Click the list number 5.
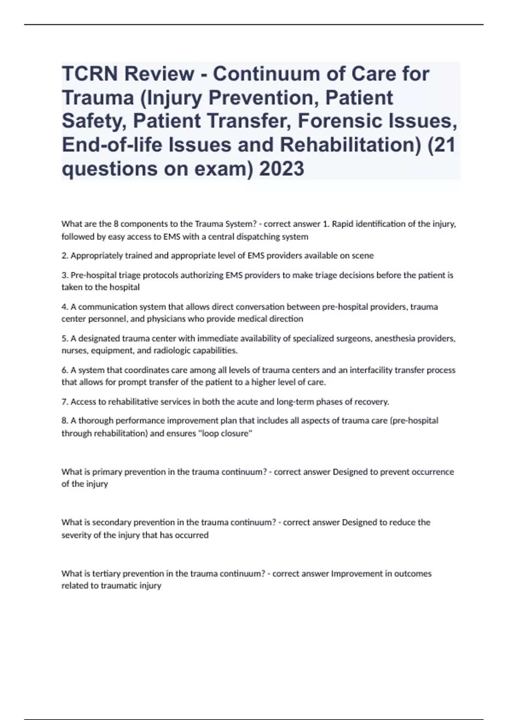point(64,338)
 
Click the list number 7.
point(64,402)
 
